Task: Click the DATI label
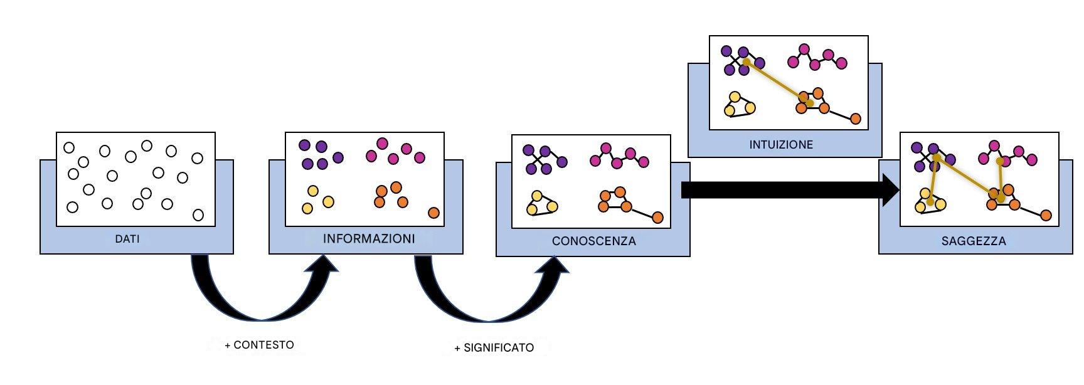coord(127,239)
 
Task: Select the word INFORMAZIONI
coord(369,239)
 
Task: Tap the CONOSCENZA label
coord(593,241)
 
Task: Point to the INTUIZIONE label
coord(781,145)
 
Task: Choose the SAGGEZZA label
coord(974,241)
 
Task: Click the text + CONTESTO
coord(259,345)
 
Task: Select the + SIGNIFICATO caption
coord(494,347)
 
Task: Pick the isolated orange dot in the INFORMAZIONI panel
coord(433,213)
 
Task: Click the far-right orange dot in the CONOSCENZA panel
coord(657,218)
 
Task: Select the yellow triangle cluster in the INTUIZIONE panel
coord(738,105)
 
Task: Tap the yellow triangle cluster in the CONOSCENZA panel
coord(540,203)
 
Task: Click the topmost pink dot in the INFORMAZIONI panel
coord(382,143)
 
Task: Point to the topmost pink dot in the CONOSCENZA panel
coord(606,149)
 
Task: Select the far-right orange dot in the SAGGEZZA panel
coord(1046,216)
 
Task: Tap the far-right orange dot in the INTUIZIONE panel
coord(855,119)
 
